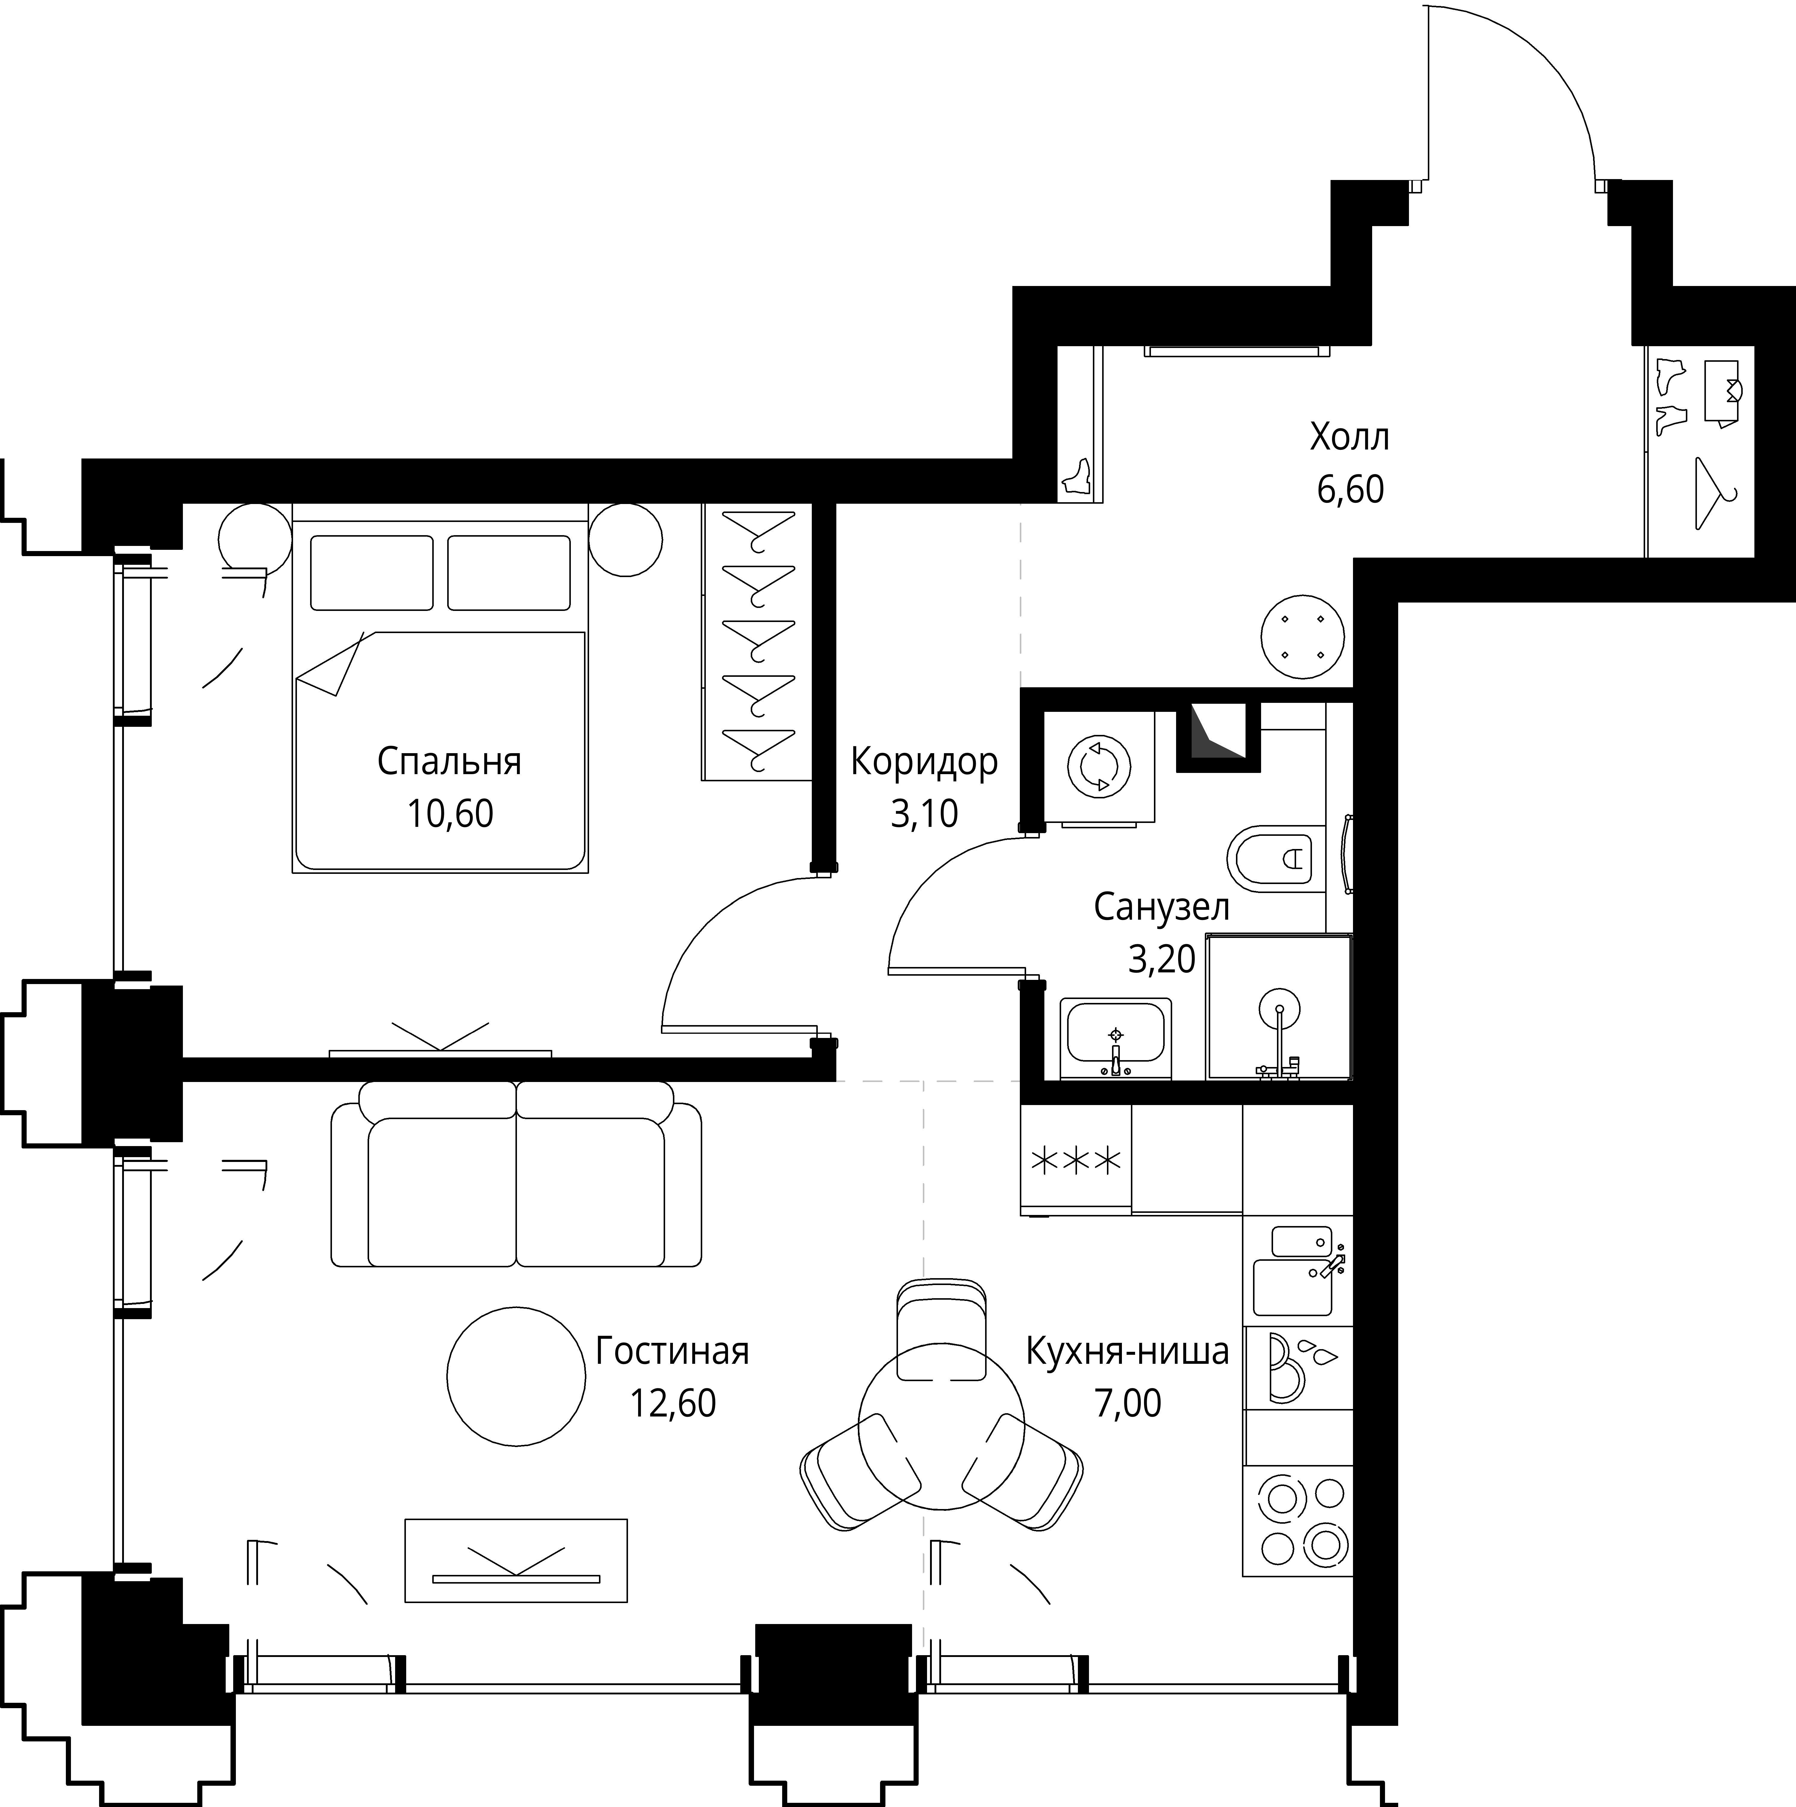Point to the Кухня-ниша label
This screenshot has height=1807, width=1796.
tap(1128, 1352)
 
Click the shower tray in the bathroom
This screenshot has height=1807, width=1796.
tap(1279, 1007)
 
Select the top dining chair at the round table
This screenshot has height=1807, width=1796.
tap(941, 1328)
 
